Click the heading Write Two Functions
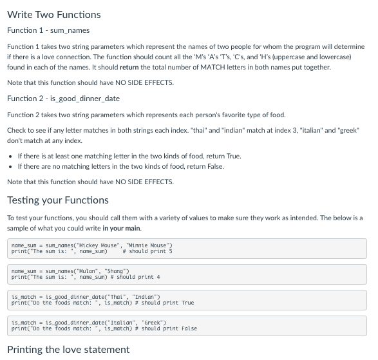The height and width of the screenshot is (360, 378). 54,14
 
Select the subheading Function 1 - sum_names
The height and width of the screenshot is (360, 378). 48,30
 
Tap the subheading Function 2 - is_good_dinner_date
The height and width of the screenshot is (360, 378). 63,98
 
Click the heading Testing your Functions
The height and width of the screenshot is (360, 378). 58,200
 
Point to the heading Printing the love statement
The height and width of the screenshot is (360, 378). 68,349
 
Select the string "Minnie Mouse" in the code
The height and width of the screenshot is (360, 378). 149,245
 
